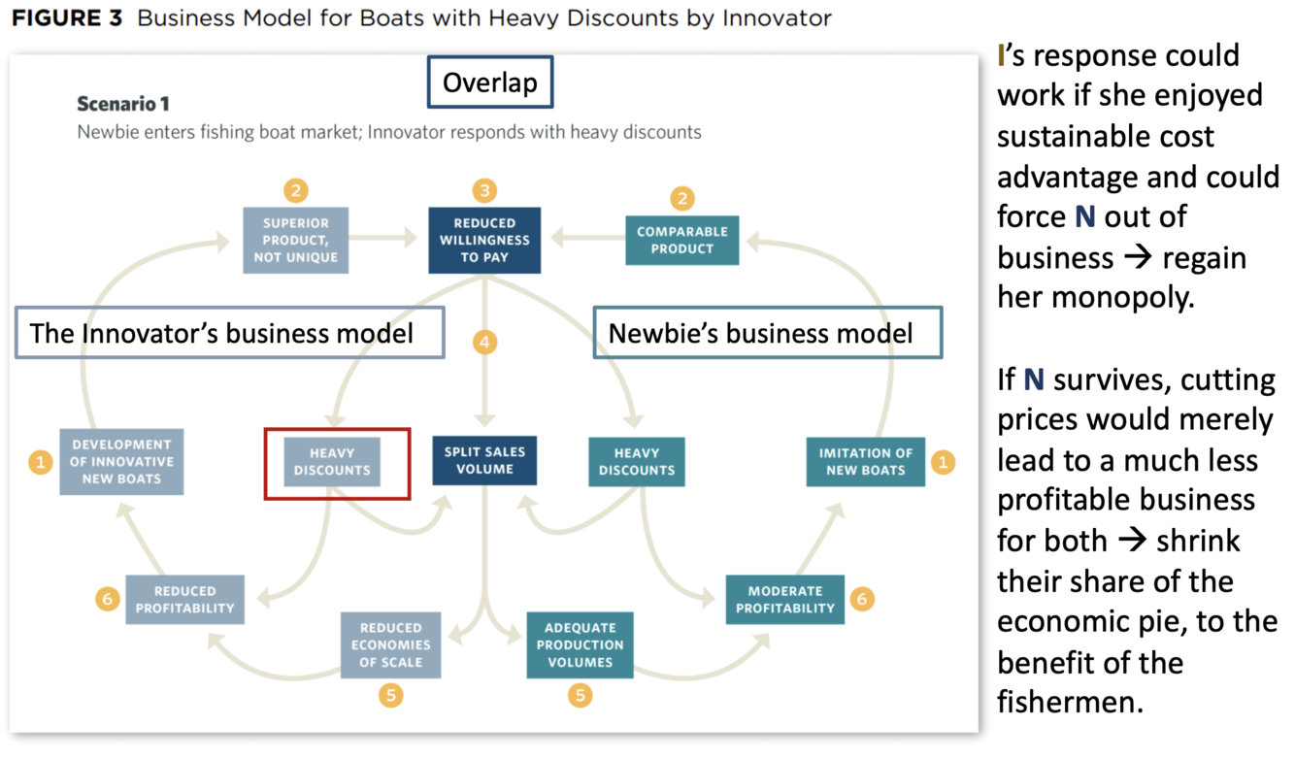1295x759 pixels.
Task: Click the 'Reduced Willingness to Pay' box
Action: pyautogui.click(x=484, y=240)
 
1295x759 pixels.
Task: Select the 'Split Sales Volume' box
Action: pyautogui.click(x=484, y=460)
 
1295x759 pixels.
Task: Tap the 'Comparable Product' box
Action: pyautogui.click(x=682, y=240)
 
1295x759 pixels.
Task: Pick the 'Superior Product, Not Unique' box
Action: pyautogui.click(x=296, y=240)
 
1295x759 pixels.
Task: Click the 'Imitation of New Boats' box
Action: pyautogui.click(x=865, y=461)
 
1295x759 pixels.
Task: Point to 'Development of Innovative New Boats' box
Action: pyautogui.click(x=121, y=461)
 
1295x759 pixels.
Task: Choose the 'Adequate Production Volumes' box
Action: pyautogui.click(x=580, y=644)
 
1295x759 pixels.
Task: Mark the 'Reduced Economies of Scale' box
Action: pyautogui.click(x=390, y=644)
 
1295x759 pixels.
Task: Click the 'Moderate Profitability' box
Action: pyautogui.click(x=784, y=600)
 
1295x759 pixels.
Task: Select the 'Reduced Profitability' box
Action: pyautogui.click(x=184, y=600)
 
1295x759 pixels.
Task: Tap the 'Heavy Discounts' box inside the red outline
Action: pyautogui.click(x=332, y=461)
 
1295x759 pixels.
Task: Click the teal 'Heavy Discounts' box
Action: pyautogui.click(x=637, y=461)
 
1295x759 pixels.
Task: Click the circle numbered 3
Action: pyautogui.click(x=484, y=190)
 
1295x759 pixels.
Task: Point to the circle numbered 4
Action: pyautogui.click(x=484, y=343)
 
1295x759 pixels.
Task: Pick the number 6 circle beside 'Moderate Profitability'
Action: pyautogui.click(x=860, y=599)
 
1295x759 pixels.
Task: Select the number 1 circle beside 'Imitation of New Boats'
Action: pyautogui.click(x=942, y=463)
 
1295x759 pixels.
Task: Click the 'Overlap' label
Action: pyautogui.click(x=489, y=82)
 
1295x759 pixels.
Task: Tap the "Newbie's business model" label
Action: pyautogui.click(x=766, y=333)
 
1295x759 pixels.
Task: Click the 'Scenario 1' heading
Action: pyautogui.click(x=123, y=103)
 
